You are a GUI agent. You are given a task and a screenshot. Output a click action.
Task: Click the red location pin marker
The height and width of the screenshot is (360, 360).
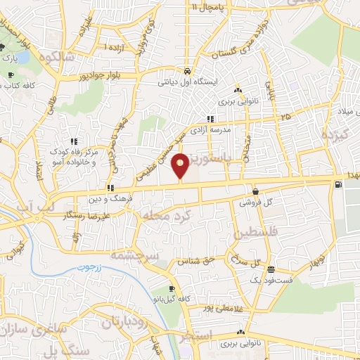pyautogui.click(x=181, y=165)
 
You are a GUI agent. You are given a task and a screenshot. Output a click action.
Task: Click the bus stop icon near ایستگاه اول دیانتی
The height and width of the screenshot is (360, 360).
pyautogui.click(x=186, y=72)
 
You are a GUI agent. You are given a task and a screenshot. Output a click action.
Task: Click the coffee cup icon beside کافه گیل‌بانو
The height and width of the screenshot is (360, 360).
pyautogui.click(x=172, y=288)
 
